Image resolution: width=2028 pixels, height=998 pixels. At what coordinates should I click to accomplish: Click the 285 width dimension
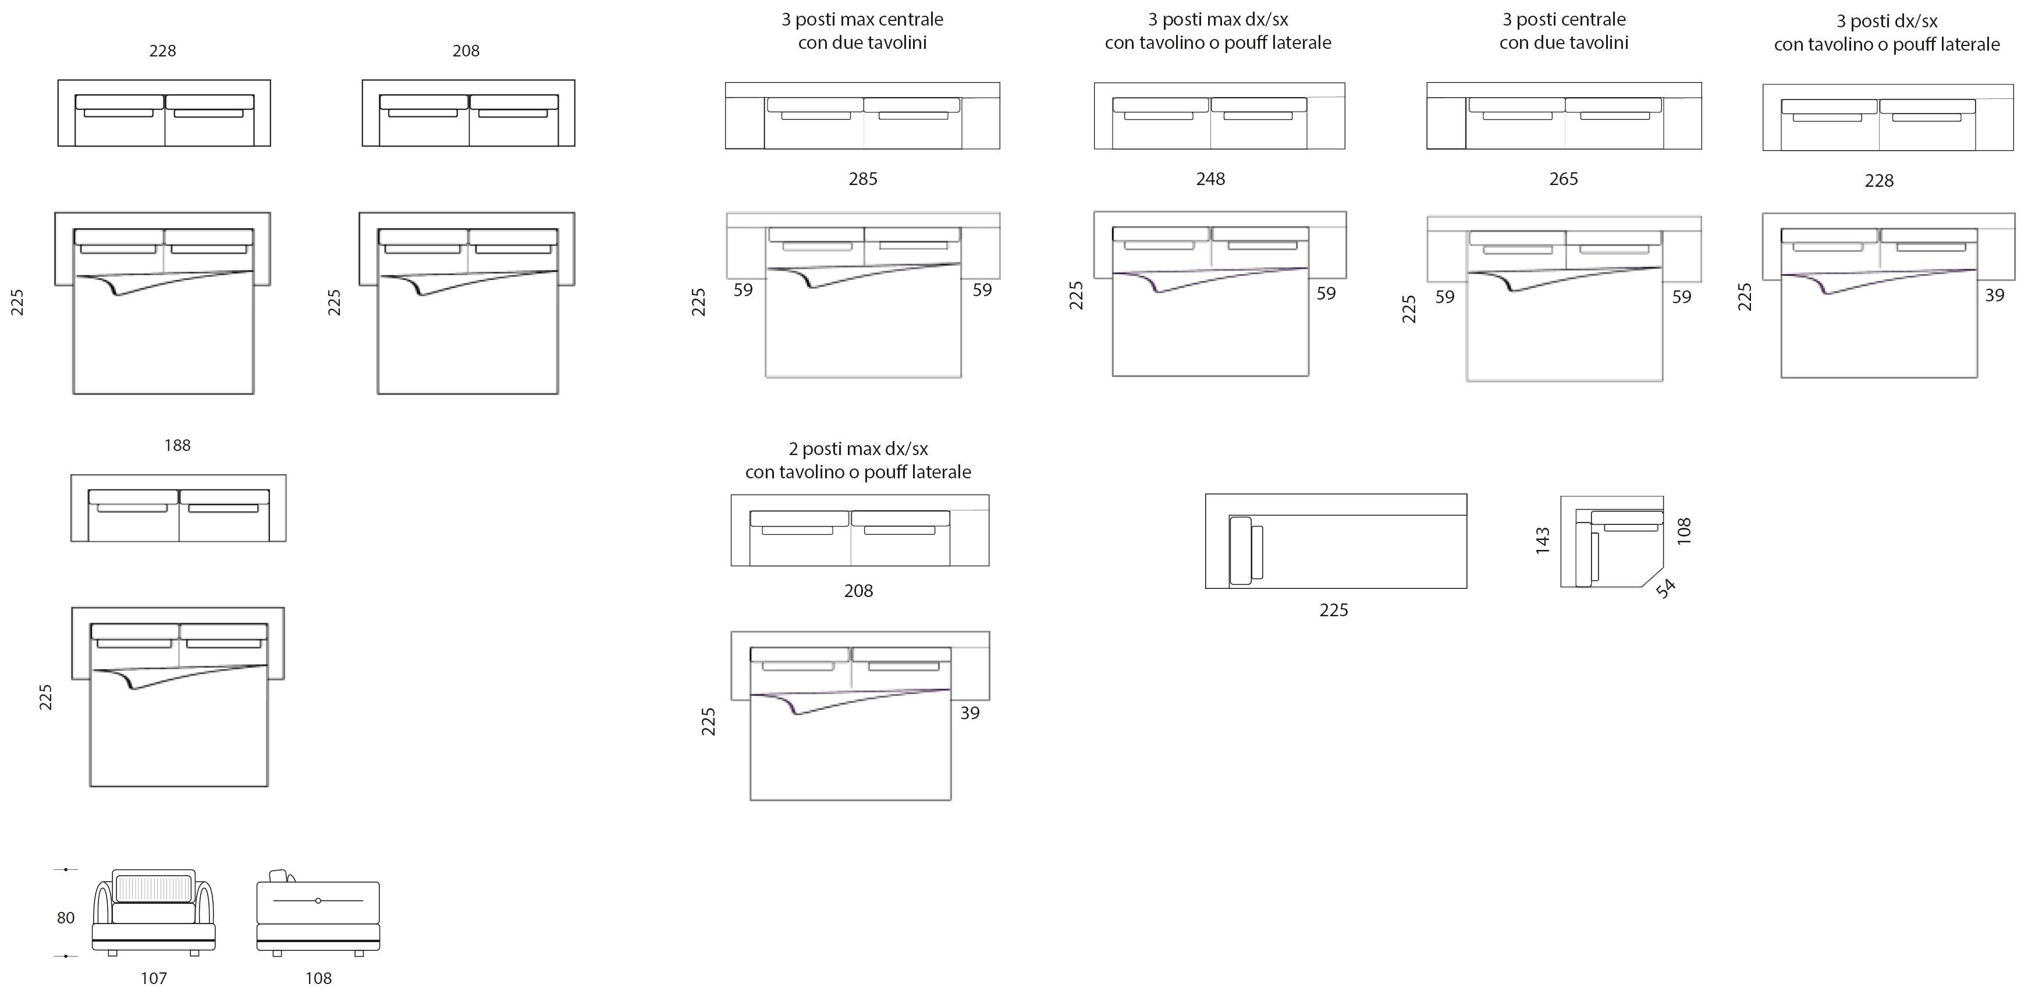click(x=863, y=179)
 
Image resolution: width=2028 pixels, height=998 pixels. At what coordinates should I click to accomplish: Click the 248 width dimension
click(x=1210, y=179)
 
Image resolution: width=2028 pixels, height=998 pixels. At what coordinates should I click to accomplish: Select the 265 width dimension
click(x=1564, y=179)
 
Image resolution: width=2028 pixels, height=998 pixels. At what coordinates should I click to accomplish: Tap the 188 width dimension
click(x=177, y=446)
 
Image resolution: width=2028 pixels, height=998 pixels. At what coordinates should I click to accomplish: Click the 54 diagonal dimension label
click(x=1666, y=588)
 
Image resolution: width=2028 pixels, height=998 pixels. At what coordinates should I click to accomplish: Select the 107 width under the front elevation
click(x=154, y=978)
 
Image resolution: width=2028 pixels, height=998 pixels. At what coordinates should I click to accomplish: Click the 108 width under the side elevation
click(x=318, y=978)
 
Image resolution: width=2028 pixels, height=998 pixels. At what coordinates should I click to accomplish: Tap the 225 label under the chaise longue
click(x=1334, y=610)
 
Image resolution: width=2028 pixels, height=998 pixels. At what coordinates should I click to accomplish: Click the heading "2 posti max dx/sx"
click(x=858, y=449)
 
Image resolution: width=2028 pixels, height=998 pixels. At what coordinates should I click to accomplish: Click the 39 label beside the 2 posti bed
click(x=970, y=713)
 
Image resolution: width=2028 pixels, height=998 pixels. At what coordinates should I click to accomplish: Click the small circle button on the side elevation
click(x=318, y=900)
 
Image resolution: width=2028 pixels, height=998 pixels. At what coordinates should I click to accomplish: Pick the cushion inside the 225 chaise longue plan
click(x=1241, y=551)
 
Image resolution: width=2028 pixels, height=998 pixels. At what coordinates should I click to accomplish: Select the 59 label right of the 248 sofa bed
click(x=1326, y=293)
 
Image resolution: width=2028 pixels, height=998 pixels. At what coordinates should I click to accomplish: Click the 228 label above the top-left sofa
click(x=162, y=51)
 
